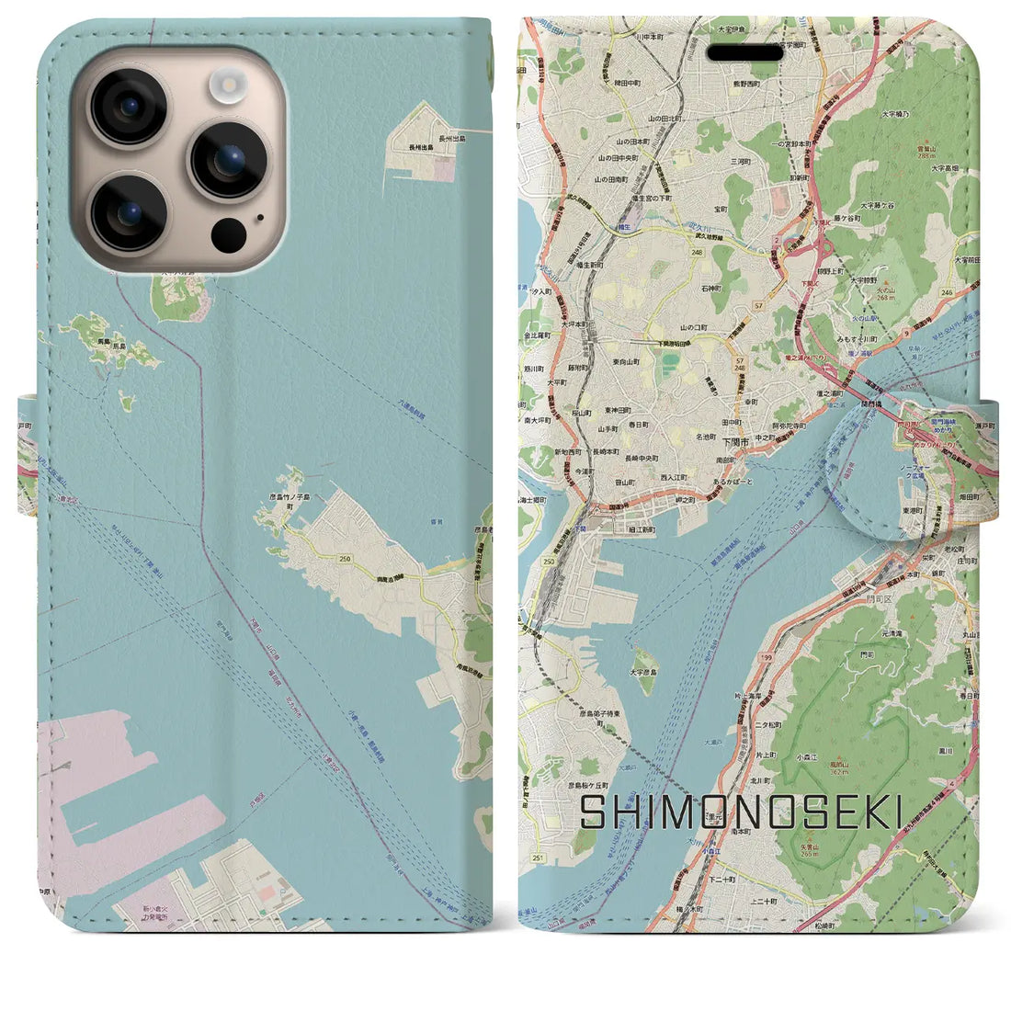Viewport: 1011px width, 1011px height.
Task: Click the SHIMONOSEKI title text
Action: (741, 813)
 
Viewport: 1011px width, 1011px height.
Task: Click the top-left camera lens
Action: (129, 108)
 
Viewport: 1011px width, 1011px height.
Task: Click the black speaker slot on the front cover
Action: (745, 53)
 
